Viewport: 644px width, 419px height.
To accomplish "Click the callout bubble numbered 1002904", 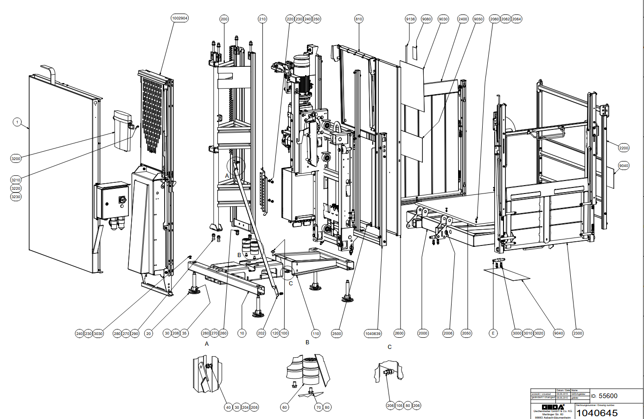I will coord(180,18).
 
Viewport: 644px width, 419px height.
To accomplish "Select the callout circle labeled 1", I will coord(17,122).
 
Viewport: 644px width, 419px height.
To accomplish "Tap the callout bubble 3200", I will coord(16,159).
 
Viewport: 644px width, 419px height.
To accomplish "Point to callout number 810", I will coord(358,19).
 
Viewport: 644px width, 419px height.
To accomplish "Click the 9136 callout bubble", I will coord(410,19).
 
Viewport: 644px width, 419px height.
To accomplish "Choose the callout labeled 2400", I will coord(463,19).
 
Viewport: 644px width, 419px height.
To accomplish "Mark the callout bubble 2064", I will coord(516,19).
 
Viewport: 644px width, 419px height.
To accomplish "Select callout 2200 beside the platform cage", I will coord(624,148).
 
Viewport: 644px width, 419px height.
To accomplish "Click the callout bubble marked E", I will coord(493,333).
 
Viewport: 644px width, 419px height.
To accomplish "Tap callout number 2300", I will coord(578,333).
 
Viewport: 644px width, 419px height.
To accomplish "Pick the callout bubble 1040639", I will coord(373,333).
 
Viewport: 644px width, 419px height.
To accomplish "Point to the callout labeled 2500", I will coord(337,333).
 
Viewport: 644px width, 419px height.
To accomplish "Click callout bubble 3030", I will coord(98,334).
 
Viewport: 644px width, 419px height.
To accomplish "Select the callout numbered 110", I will coord(316,333).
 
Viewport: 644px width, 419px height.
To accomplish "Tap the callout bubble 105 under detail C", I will coord(399,406).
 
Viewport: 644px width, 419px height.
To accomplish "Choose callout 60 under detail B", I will coord(285,407).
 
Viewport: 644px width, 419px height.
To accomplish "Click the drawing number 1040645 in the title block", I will coord(597,413).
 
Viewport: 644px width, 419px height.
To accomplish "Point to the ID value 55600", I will coord(608,396).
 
